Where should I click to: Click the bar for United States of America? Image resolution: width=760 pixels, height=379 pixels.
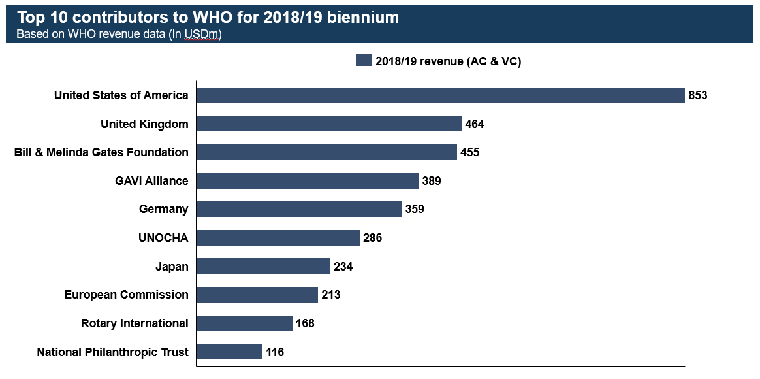tap(440, 95)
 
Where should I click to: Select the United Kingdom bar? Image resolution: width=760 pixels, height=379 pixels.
tap(328, 124)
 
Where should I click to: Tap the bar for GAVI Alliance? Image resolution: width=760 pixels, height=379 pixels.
tap(307, 181)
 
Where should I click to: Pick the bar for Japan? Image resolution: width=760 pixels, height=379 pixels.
tap(263, 267)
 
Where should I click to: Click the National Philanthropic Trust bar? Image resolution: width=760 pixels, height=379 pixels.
tap(229, 352)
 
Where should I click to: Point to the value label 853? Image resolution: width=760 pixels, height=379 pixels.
tap(698, 95)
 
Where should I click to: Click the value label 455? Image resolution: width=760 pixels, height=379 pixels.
tap(469, 152)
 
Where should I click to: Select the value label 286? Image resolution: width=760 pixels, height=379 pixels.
tap(372, 238)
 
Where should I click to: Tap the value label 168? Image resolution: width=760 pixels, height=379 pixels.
tap(304, 323)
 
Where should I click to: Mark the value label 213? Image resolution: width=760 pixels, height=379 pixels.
tap(330, 295)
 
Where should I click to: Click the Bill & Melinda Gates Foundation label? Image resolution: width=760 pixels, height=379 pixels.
tap(101, 152)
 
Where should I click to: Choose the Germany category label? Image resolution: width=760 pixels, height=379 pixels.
tap(163, 209)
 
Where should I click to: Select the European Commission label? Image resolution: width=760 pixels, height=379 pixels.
tap(126, 295)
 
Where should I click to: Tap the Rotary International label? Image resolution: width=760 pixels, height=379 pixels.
tap(135, 323)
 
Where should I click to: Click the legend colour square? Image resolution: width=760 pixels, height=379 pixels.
tap(364, 61)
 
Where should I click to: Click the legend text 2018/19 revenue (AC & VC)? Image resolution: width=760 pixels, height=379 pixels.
tap(448, 61)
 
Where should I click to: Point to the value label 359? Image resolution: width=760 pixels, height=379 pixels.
tap(414, 209)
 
